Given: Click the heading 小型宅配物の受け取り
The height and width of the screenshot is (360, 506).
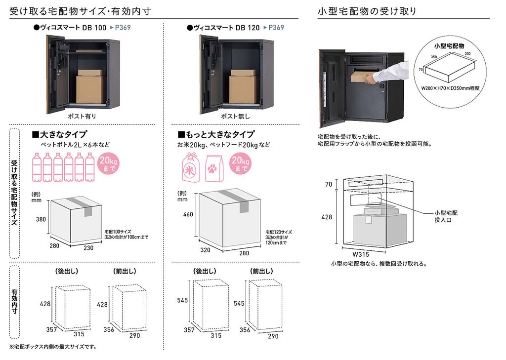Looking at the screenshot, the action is point(367,11).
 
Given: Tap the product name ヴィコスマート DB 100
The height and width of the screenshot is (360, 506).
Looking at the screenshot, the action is point(73,28).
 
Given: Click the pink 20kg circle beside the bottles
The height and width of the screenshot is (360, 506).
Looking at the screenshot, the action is point(108,163).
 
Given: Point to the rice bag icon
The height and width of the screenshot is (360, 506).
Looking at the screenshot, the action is point(190,167).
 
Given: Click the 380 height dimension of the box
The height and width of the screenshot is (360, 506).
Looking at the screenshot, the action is point(41,219).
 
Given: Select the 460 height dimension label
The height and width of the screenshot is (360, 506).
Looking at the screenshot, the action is point(188,214).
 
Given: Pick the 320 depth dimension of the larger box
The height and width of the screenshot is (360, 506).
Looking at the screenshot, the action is point(205,250).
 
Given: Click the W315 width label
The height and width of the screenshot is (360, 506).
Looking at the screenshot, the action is point(361,254).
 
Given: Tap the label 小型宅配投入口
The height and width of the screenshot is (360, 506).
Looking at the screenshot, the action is point(446,216).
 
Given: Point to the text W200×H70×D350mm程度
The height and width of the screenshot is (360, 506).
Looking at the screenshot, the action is point(450,88).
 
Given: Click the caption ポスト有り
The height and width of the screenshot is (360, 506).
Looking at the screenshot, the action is point(82,116).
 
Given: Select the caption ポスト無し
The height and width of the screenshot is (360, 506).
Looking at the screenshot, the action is point(235,116).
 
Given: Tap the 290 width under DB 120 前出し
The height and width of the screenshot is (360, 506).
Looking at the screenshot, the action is point(273,336).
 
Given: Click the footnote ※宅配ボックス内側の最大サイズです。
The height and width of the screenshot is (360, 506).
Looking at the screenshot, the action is point(53,347).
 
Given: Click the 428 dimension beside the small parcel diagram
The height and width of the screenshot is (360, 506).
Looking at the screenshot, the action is point(327,217).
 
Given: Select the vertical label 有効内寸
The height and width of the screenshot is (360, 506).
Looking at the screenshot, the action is point(14,301).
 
